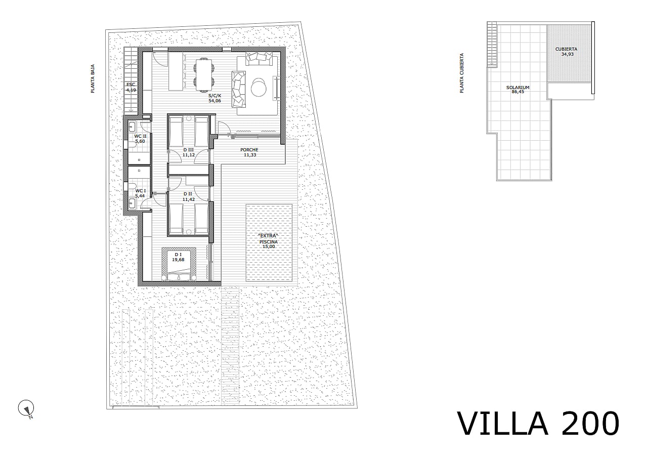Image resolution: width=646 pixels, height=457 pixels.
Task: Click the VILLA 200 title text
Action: click(538, 424)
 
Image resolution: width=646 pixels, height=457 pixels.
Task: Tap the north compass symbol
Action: click(26, 409)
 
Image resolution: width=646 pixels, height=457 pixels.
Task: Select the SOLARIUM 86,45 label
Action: click(518, 90)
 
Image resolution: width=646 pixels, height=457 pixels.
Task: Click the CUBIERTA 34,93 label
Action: click(567, 52)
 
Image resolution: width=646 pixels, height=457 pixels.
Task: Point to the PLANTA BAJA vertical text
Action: click(93, 78)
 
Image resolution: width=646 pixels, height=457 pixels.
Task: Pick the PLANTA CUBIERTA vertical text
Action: click(462, 73)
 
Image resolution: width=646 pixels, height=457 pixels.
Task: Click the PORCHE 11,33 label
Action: click(249, 152)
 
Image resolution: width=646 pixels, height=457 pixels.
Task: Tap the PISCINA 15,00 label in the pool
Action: click(269, 244)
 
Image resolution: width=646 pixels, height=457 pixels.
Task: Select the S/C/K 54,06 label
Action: click(215, 98)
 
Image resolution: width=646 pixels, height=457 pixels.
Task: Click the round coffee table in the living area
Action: click(259, 88)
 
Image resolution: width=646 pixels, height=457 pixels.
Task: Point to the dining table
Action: click(204, 74)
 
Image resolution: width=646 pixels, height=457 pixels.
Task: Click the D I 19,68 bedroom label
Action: click(178, 257)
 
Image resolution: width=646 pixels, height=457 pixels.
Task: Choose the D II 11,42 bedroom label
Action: click(189, 196)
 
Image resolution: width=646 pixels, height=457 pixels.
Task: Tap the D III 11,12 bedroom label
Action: click(189, 152)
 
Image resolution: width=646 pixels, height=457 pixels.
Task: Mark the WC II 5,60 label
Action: click(140, 139)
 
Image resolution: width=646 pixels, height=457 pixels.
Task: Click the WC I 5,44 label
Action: click(140, 193)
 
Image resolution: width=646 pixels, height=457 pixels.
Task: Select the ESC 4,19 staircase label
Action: click(131, 88)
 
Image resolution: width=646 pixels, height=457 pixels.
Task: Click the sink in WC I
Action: click(132, 203)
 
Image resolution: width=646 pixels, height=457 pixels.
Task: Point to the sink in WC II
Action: click(132, 127)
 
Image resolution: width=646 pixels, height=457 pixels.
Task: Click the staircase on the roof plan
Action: click(492, 45)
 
